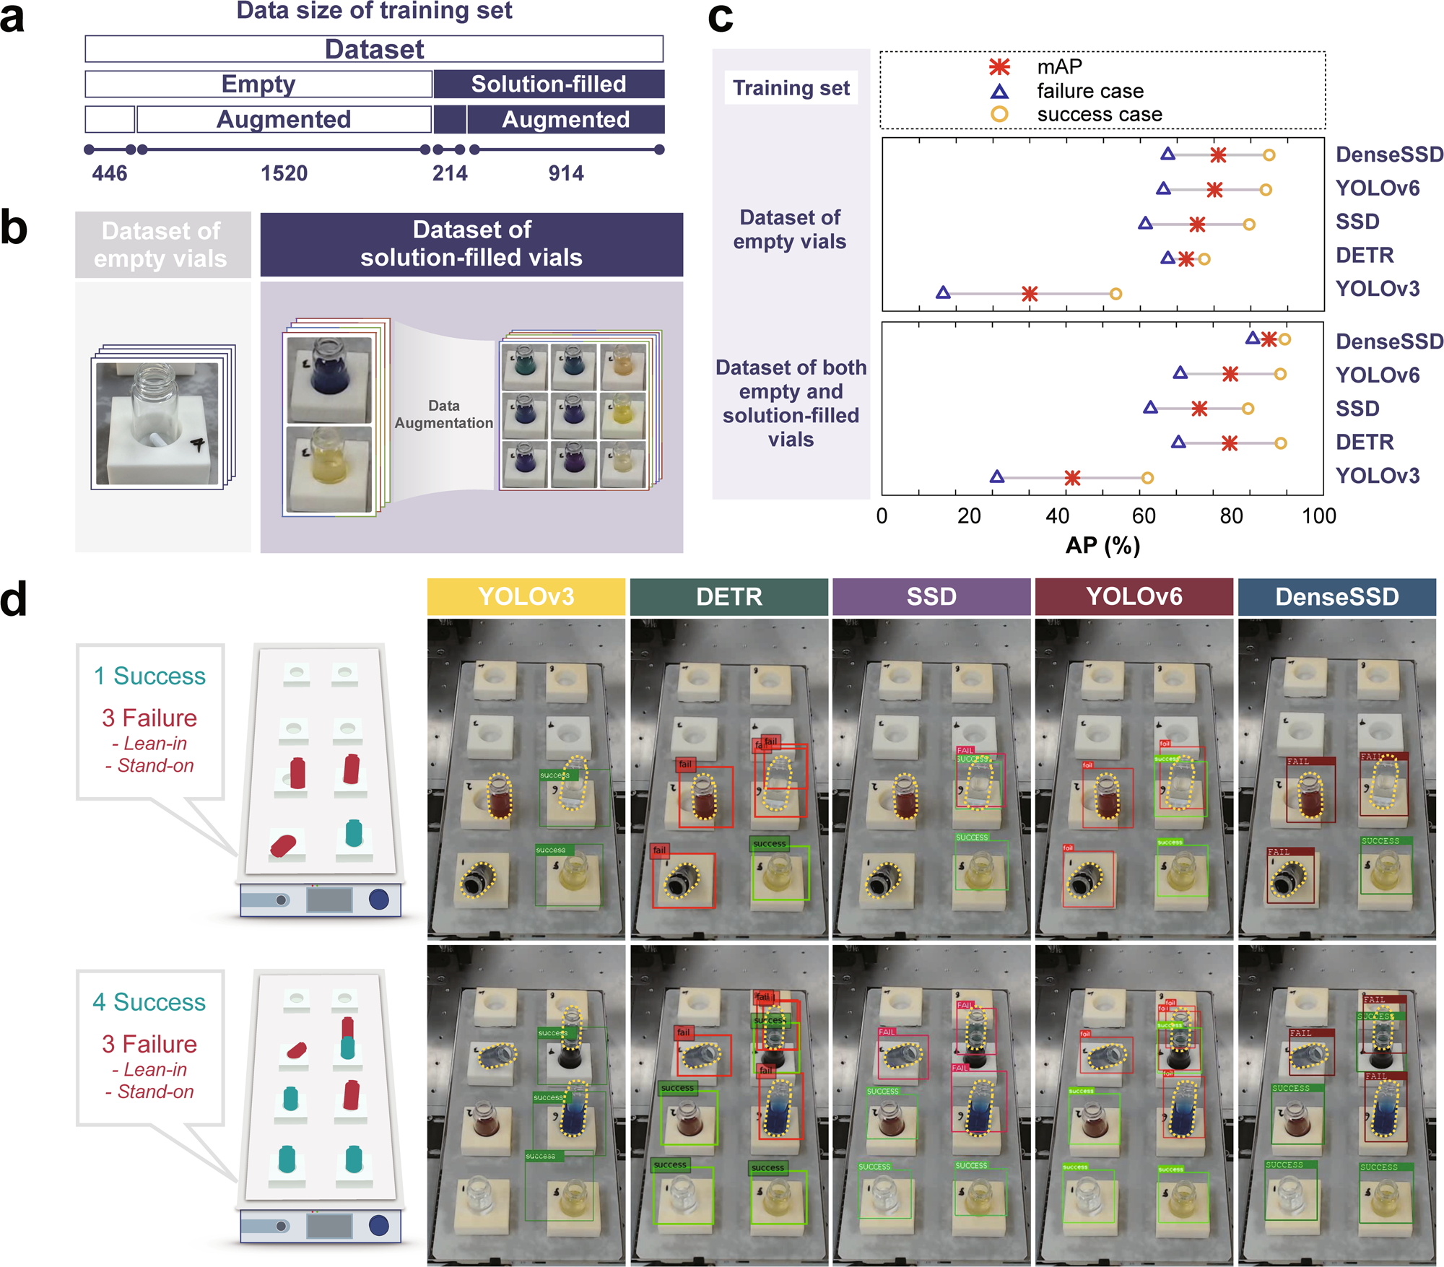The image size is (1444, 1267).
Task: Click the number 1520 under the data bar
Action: (284, 173)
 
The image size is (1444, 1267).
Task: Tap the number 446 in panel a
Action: (110, 173)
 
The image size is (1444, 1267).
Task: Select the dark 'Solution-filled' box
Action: (549, 84)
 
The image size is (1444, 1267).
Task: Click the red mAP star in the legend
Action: (999, 67)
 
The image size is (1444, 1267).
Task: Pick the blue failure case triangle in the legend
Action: (999, 92)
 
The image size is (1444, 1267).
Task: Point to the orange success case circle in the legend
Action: (999, 114)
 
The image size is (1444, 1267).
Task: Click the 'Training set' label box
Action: (791, 88)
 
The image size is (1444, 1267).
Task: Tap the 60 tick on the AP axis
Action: (1144, 516)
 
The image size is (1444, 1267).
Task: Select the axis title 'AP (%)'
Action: (1102, 545)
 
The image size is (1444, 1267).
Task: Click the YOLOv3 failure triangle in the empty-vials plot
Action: (943, 292)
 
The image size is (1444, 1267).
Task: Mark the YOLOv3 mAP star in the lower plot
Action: (1072, 477)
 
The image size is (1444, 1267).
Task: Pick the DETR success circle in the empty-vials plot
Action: (1204, 258)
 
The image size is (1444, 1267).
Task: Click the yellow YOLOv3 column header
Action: (526, 597)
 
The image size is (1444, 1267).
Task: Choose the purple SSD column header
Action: (931, 597)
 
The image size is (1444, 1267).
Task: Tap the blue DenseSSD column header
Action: (1336, 597)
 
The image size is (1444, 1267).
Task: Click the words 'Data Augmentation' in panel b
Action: (443, 414)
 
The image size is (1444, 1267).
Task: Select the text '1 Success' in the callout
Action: (149, 676)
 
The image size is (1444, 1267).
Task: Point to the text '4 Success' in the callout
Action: (149, 1002)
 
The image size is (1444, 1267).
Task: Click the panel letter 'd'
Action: (14, 599)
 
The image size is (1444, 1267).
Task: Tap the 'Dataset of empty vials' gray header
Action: (162, 245)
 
